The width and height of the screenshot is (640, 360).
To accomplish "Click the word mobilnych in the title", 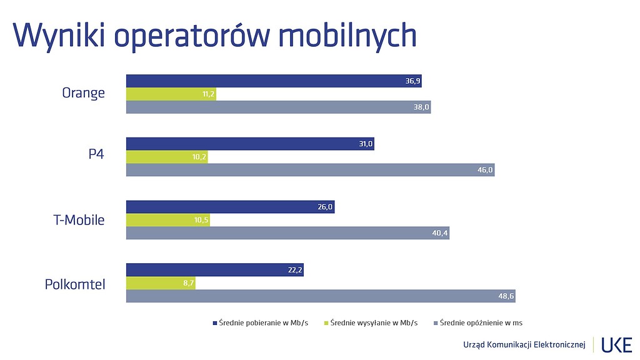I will (347, 36).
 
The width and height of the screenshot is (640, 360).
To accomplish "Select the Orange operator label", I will (83, 94).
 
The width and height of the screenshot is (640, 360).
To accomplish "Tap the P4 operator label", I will (96, 156).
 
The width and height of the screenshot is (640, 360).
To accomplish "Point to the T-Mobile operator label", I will (79, 220).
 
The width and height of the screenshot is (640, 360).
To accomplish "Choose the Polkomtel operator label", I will (75, 284).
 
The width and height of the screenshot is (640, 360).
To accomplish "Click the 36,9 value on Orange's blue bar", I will (413, 81).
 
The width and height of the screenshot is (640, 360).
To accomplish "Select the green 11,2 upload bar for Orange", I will (171, 94).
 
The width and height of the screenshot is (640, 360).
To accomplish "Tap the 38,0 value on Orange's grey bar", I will (421, 107).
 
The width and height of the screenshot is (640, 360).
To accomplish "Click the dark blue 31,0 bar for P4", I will (250, 144).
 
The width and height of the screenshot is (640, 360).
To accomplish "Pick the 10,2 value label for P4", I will (200, 157).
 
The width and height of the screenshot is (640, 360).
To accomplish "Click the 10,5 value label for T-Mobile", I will (201, 220).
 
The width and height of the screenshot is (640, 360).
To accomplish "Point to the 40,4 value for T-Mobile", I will (440, 233).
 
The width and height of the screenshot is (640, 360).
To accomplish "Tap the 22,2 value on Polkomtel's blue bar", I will (294, 270).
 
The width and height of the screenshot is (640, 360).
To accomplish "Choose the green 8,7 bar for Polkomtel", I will (161, 283).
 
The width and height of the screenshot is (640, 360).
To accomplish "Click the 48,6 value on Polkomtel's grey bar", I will (506, 296).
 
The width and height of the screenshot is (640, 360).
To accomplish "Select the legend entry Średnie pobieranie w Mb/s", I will (260, 323).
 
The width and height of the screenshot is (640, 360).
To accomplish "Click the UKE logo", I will (616, 344).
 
